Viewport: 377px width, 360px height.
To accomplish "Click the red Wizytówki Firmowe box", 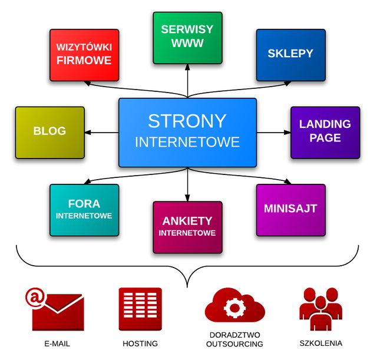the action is click(84, 55).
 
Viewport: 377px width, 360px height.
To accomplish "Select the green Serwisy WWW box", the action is click(187, 38).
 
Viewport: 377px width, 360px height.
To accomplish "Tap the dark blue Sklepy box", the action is click(291, 55).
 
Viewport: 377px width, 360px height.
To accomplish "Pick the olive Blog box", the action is click(49, 133).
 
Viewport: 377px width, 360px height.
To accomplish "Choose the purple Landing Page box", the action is click(325, 133).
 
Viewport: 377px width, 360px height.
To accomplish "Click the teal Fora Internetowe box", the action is click(84, 210).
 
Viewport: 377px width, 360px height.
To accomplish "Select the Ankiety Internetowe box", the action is click(187, 227).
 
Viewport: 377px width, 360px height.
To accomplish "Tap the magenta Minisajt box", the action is click(291, 210).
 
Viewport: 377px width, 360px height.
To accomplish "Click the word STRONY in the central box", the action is click(187, 121).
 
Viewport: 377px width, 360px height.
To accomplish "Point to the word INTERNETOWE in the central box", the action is click(187, 142).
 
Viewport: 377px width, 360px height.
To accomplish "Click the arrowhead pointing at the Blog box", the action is click(88, 132).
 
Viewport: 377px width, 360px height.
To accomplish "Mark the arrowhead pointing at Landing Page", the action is click(287, 132).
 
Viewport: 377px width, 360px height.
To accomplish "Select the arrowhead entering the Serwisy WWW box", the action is click(187, 67).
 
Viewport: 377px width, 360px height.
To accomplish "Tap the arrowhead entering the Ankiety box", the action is click(187, 198).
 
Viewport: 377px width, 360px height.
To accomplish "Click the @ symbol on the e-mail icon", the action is click(35, 298).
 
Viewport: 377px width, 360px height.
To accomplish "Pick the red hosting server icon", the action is click(140, 309).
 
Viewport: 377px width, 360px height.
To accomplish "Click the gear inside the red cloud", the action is click(234, 308).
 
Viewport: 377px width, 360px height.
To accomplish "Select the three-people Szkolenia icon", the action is click(320, 309).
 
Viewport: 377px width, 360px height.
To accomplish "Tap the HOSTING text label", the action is click(140, 344).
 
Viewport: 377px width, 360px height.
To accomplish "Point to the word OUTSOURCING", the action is click(234, 344).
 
